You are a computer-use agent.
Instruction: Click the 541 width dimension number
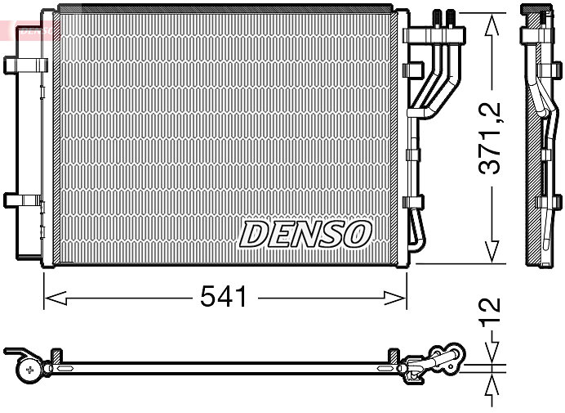[x=224, y=296]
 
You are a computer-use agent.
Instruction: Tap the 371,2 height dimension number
[x=489, y=138]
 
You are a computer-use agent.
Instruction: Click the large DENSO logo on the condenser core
[x=305, y=234]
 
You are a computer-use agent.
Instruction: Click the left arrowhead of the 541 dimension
[x=56, y=299]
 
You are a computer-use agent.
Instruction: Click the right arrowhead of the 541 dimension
[x=395, y=299]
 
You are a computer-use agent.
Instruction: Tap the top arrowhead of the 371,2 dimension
[x=492, y=25]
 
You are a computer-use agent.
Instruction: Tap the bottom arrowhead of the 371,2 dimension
[x=492, y=252]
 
